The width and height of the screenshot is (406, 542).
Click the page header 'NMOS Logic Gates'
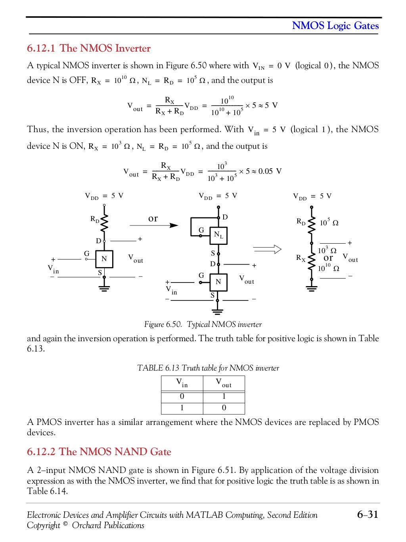(x=335, y=26)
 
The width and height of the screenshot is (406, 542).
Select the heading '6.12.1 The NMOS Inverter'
(x=89, y=48)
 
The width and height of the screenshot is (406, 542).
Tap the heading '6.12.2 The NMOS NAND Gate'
(x=99, y=452)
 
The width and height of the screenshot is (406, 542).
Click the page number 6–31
(x=367, y=515)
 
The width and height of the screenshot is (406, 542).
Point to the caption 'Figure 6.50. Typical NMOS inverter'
(x=203, y=325)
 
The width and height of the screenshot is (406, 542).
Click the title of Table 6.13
(x=208, y=368)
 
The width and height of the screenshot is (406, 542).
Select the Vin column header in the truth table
(x=182, y=383)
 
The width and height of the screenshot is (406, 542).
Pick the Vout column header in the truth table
(x=224, y=383)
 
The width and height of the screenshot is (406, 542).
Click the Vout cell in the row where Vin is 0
(x=224, y=396)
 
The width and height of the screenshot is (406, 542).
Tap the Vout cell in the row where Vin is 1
(x=224, y=408)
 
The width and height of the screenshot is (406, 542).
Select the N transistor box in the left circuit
(x=104, y=259)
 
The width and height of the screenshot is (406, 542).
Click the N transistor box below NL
(x=218, y=282)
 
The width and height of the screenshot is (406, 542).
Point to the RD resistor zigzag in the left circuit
(x=104, y=224)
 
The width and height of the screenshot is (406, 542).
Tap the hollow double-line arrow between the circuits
(x=267, y=249)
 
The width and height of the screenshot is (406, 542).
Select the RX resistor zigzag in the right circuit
(x=312, y=259)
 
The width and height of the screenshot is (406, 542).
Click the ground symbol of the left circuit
(x=104, y=289)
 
